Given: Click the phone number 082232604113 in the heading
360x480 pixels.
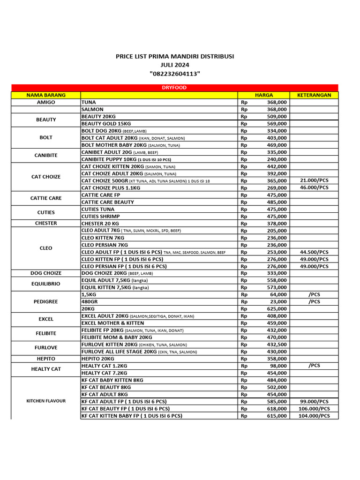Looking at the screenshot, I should point(175,74).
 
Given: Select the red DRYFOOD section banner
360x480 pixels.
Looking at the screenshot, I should point(174,88).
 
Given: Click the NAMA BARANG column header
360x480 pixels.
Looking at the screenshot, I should point(46,95).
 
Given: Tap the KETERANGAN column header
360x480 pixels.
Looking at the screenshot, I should point(314,95).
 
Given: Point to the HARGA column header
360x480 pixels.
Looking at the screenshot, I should point(264,95).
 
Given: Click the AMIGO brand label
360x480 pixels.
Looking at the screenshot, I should point(46,102).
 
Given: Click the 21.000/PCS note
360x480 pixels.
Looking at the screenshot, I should point(314,180).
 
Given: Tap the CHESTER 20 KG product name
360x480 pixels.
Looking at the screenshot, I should point(100,224).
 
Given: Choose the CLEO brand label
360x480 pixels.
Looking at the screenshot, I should point(46,248).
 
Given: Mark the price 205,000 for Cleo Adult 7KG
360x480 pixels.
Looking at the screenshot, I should point(277,231).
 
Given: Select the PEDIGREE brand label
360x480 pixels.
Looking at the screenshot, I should point(46,302).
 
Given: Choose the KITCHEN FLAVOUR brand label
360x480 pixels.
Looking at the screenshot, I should point(46,401).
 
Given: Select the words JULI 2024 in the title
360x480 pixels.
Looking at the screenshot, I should point(175,65).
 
